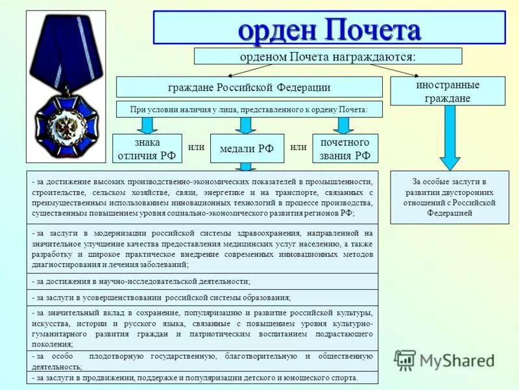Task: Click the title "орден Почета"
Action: pyautogui.click(x=329, y=29)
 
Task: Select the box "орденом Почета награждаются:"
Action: pyautogui.click(x=328, y=57)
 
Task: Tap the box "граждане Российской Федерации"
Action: pyautogui.click(x=249, y=87)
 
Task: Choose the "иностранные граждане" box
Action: pyautogui.click(x=447, y=92)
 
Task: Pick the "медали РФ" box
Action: pyautogui.click(x=247, y=149)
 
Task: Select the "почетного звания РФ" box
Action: pyautogui.click(x=344, y=149)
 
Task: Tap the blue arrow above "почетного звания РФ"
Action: pyautogui.click(x=344, y=125)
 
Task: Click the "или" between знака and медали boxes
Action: pyautogui.click(x=196, y=147)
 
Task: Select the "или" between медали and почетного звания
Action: pyautogui.click(x=298, y=147)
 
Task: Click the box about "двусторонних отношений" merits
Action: pyautogui.click(x=449, y=198)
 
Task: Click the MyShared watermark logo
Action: pyautogui.click(x=444, y=360)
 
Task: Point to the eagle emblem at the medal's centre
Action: pyautogui.click(x=66, y=124)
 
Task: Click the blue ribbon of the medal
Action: pyautogui.click(x=64, y=52)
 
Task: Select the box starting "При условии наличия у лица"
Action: pyautogui.click(x=249, y=110)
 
